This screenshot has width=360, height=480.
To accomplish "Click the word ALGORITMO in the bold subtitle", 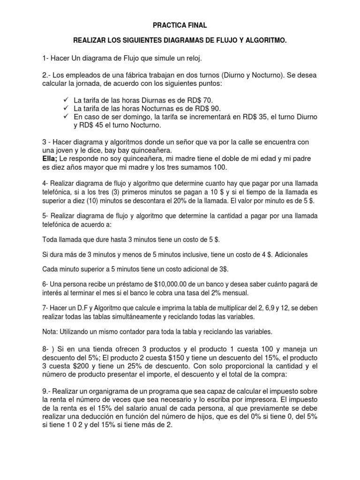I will coord(263,42).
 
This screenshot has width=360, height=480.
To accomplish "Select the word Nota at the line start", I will coord(50,331).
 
